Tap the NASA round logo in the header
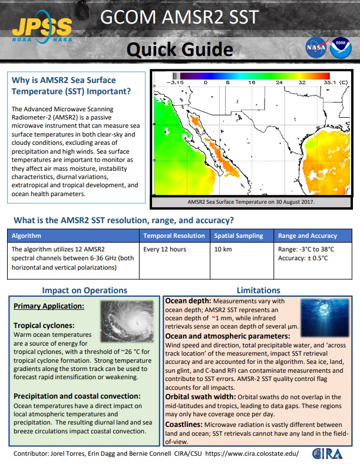tap(314, 47)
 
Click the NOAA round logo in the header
tap(338, 47)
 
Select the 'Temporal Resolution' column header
tap(174, 236)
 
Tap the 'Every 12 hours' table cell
tap(165, 249)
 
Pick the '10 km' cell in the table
tap(222, 249)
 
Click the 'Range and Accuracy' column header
tap(308, 236)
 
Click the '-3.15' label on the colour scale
tap(176, 83)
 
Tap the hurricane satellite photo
tap(129, 322)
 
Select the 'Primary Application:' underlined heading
tap(49, 306)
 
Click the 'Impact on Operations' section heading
tap(84, 290)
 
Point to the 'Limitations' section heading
tap(258, 290)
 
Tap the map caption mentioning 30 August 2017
tap(251, 202)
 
